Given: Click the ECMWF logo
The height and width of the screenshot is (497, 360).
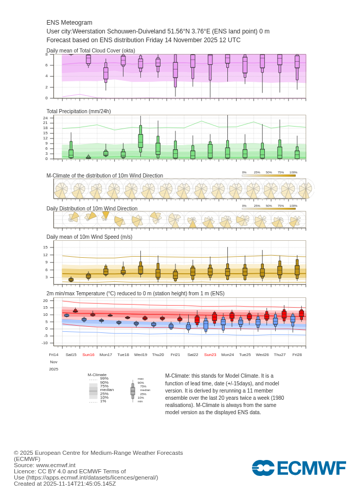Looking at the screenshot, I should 299,468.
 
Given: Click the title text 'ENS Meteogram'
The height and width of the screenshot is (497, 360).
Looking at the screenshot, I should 69,23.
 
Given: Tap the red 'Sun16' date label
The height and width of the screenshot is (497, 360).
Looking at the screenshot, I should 88,354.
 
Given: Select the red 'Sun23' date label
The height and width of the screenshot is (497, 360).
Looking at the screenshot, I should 210,354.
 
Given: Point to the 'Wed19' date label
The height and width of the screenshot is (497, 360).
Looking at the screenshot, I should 140,354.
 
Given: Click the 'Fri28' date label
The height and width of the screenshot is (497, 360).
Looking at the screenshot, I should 297,354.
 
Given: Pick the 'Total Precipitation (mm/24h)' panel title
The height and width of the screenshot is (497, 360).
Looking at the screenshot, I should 79,111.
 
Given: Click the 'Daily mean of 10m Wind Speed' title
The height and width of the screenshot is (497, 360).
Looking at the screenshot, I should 89,237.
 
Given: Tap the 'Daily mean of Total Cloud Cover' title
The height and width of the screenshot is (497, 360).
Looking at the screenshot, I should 91,50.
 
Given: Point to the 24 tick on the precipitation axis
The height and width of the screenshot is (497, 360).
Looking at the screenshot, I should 45,118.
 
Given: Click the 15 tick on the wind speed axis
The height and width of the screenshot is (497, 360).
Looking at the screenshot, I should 45,247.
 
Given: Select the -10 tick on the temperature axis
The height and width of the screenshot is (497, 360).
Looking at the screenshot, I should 45,343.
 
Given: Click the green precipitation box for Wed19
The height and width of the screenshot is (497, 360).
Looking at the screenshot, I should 140,140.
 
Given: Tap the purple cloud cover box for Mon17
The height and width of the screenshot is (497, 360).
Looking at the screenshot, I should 106,73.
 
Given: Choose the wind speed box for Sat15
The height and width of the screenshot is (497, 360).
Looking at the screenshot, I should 71,280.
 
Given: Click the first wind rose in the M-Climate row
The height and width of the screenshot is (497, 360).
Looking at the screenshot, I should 61,190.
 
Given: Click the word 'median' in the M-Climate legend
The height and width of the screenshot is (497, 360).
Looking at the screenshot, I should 106,390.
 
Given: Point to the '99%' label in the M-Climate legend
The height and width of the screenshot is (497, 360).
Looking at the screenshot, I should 104,379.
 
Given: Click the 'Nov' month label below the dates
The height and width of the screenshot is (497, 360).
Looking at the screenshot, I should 53,362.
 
